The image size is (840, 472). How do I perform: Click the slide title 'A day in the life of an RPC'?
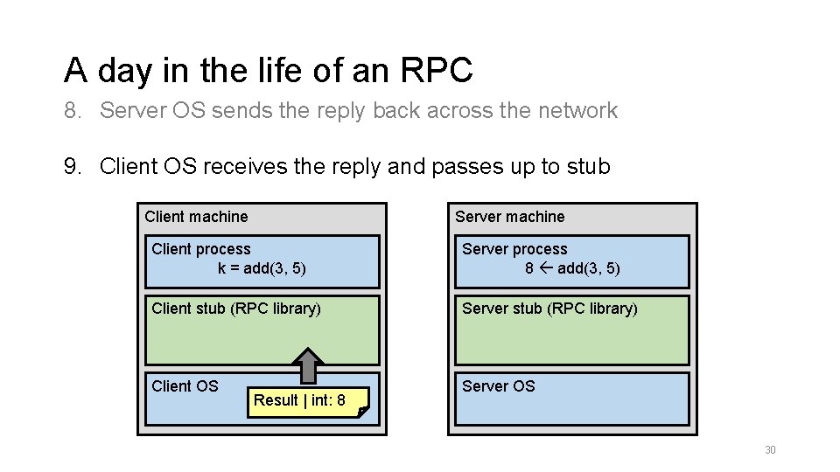coord(268,70)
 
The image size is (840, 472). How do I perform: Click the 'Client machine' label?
coord(196,217)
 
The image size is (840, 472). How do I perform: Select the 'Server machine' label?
coord(509,217)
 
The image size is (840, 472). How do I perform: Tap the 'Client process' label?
coord(200,249)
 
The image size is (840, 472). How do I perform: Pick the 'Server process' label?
coord(514,249)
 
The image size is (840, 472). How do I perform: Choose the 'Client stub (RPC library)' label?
coord(236,309)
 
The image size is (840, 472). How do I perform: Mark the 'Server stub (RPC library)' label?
coord(549,309)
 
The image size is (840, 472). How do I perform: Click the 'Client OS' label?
coord(185,385)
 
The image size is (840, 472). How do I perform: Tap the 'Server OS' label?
coord(498,385)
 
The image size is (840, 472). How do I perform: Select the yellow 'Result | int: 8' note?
coord(299,400)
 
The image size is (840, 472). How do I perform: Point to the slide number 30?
coord(770,450)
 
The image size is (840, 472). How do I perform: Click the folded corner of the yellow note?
coord(363,411)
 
